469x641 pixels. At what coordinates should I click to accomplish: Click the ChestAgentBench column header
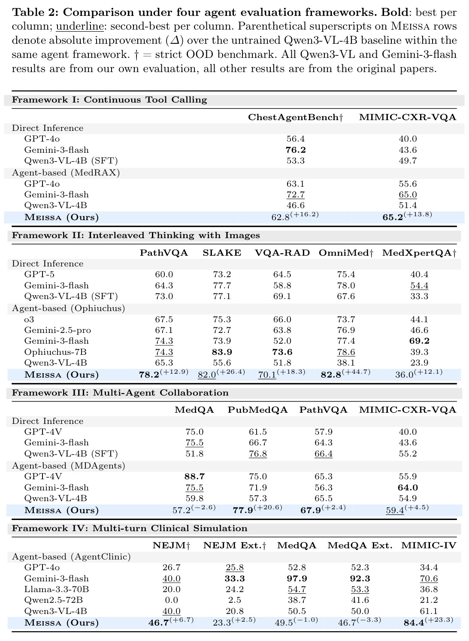coord(295,117)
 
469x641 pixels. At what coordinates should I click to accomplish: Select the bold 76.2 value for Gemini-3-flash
coord(296,150)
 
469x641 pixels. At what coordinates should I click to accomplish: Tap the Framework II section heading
coord(136,235)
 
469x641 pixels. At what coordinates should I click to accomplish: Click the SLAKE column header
coord(222,253)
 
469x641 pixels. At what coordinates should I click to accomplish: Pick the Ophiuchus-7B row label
coord(55,352)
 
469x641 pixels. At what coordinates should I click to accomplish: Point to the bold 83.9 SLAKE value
coord(222,352)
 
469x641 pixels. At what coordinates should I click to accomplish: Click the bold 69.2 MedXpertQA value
coord(419,341)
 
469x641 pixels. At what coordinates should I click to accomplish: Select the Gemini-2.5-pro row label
coord(57,330)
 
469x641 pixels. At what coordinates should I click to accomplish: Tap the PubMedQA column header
coord(257,410)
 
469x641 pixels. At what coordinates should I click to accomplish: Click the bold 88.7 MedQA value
coord(194,476)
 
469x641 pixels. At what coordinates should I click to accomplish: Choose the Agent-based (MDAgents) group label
coord(68,466)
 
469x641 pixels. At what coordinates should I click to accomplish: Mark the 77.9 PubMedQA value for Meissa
coord(243,511)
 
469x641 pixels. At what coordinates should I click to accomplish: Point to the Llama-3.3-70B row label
coord(56,589)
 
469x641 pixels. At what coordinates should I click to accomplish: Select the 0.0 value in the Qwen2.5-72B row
coord(171,600)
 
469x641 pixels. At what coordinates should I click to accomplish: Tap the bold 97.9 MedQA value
coord(297,578)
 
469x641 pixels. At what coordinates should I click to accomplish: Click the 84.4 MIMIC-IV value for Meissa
coord(414,623)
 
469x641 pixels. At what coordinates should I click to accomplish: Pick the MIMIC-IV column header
coord(429,545)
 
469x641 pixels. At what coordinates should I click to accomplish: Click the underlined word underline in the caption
coord(79,26)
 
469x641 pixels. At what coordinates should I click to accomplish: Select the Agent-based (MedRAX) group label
coord(66,172)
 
